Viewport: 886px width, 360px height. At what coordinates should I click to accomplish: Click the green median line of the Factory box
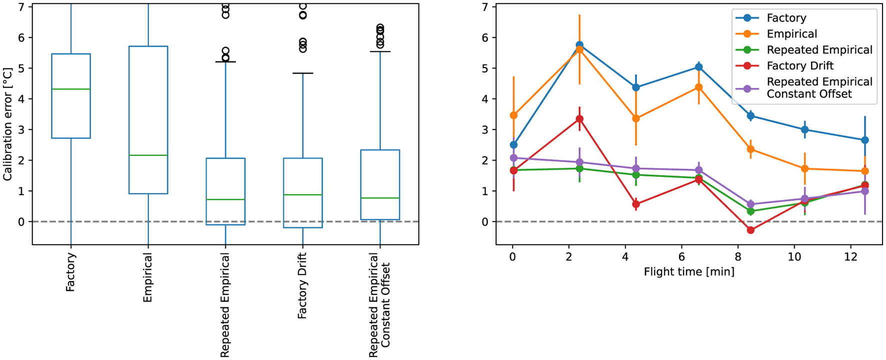click(71, 89)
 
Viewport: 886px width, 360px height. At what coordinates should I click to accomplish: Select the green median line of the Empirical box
click(148, 155)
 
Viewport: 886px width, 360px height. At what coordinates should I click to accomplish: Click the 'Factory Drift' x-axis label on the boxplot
click(302, 285)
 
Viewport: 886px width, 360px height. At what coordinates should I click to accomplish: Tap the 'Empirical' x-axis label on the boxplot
click(147, 277)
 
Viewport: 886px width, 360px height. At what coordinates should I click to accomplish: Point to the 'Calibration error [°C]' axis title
click(7, 124)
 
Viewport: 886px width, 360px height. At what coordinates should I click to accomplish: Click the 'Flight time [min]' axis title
click(689, 272)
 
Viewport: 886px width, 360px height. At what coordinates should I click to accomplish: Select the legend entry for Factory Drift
click(800, 66)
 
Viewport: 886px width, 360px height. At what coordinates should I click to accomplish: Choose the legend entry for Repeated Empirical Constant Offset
click(819, 88)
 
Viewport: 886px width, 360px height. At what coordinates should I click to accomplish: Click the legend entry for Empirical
click(791, 34)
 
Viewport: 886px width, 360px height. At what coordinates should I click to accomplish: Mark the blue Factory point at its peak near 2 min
click(579, 45)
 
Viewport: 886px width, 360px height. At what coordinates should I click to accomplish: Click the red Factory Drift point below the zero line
click(750, 230)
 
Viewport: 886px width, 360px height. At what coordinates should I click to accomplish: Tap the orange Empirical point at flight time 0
click(513, 115)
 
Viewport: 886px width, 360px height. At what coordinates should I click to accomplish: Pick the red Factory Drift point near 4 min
click(636, 204)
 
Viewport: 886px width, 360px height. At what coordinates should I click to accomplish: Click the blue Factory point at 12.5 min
click(865, 140)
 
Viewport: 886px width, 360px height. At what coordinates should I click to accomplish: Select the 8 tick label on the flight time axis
click(738, 257)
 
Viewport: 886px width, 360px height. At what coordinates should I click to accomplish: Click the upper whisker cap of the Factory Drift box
click(302, 73)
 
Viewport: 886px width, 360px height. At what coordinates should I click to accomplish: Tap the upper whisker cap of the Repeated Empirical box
click(225, 62)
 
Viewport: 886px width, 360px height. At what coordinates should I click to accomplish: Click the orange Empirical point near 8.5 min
click(750, 149)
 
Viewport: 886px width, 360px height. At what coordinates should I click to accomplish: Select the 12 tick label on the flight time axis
click(851, 257)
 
